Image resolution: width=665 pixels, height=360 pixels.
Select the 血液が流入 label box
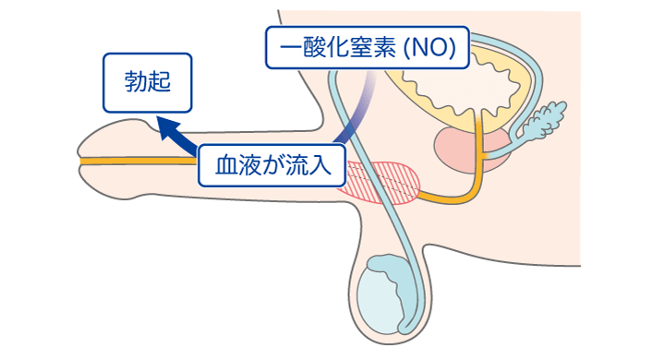(272, 168)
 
